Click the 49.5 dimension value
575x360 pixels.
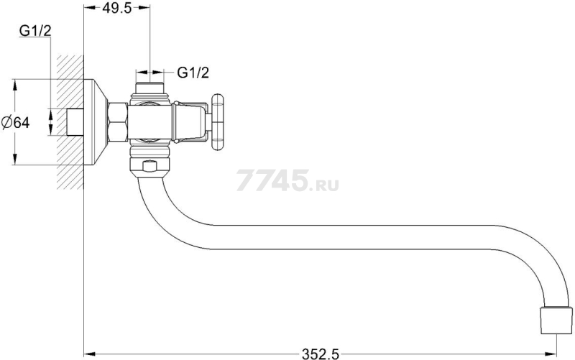click(x=116, y=8)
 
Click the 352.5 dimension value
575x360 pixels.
click(x=321, y=354)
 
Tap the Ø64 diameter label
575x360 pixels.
click(x=15, y=122)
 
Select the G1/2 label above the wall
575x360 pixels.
click(x=35, y=31)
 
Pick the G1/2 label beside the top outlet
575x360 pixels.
click(x=193, y=73)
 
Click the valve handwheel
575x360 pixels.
click(x=217, y=122)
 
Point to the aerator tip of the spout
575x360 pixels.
click(x=556, y=315)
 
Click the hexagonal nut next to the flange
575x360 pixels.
click(x=118, y=122)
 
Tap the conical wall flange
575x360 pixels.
click(x=96, y=122)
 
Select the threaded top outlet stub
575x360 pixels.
click(x=150, y=88)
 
